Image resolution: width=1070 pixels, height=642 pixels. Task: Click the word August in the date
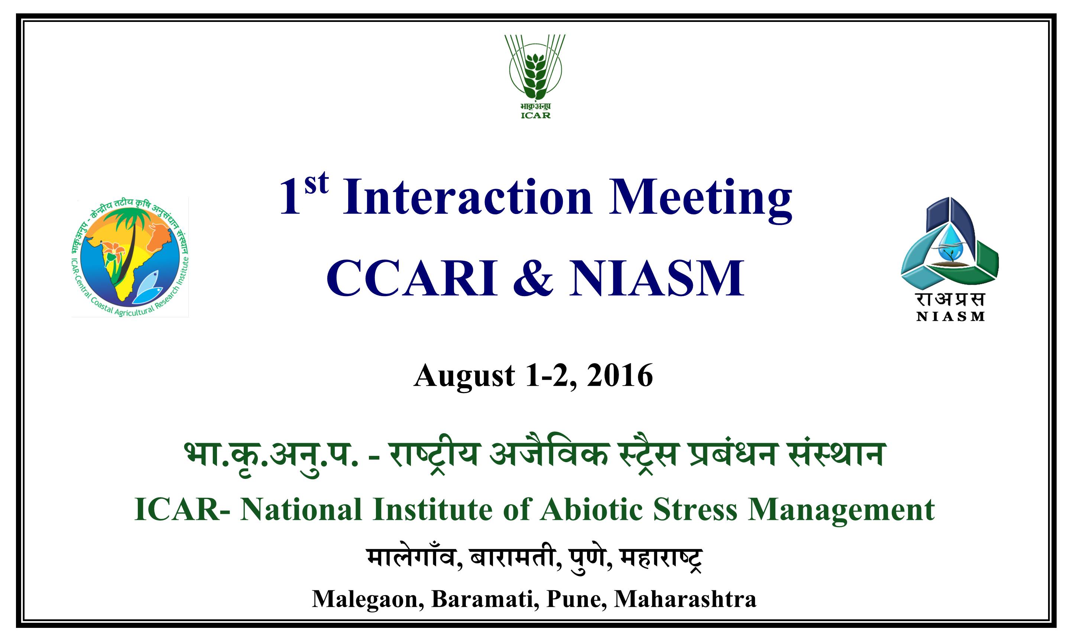[x=464, y=376]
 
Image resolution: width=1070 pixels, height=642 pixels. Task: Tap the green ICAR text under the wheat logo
[x=535, y=116]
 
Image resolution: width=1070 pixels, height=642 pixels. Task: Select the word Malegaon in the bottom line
[x=367, y=600]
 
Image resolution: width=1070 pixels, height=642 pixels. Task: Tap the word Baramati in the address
[x=485, y=600]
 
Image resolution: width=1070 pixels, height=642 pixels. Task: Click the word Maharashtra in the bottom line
[x=685, y=599]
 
